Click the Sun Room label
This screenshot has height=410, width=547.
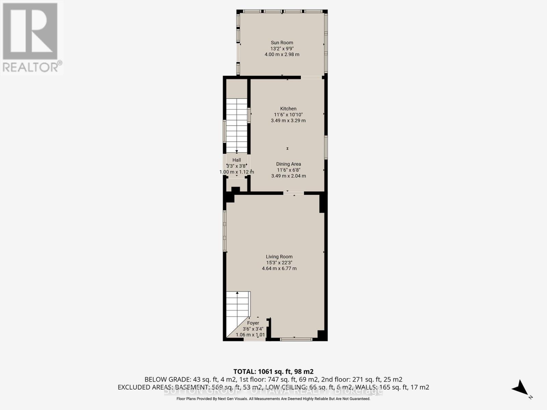click(x=282, y=43)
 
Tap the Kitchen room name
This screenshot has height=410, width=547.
click(x=288, y=109)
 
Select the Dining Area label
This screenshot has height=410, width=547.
click(x=288, y=164)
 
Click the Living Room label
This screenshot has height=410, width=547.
click(x=279, y=257)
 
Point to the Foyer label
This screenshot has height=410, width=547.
click(x=253, y=323)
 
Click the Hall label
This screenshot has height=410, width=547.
click(x=237, y=160)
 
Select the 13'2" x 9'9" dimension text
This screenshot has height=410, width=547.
click(x=282, y=49)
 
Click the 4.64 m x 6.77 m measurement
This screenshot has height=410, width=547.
click(x=279, y=269)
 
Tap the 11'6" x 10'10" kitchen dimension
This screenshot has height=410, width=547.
click(x=288, y=115)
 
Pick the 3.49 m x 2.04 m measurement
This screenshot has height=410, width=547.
click(x=288, y=176)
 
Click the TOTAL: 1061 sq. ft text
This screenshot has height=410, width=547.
click(x=273, y=371)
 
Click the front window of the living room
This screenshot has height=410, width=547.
click(x=296, y=339)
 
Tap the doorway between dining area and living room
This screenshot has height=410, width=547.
click(x=294, y=193)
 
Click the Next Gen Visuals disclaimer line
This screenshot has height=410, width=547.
click(x=273, y=399)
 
